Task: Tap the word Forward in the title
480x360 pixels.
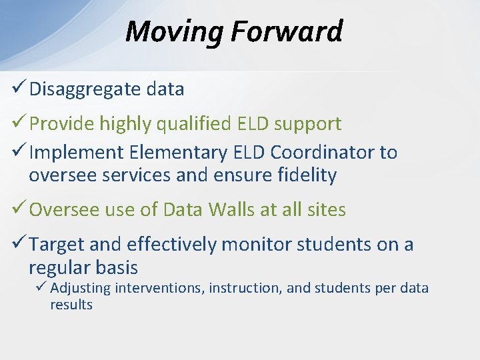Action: pos(287,31)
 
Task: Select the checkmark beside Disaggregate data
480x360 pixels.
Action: pos(19,86)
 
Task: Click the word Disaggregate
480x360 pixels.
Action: pos(85,90)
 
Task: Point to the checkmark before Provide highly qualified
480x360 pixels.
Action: pos(19,121)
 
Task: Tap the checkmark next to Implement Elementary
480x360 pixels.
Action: pos(19,150)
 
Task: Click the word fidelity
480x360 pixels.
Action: pos(307,176)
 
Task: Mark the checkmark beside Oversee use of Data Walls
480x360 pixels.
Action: pos(19,207)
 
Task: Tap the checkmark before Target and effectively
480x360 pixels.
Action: pos(19,242)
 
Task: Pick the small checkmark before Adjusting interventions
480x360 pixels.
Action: pos(41,286)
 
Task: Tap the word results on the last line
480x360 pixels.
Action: pos(71,305)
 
